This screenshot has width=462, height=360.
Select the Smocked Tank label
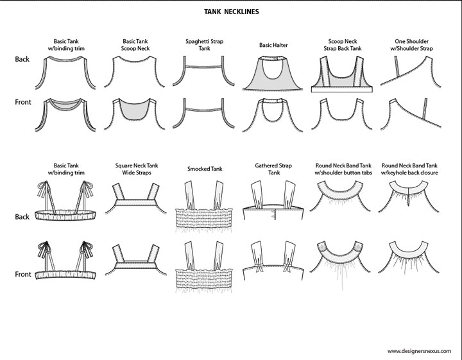click(x=200, y=169)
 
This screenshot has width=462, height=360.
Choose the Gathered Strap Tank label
click(x=274, y=169)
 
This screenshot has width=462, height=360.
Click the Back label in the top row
click(x=22, y=59)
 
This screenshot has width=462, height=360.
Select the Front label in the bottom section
click(x=23, y=275)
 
